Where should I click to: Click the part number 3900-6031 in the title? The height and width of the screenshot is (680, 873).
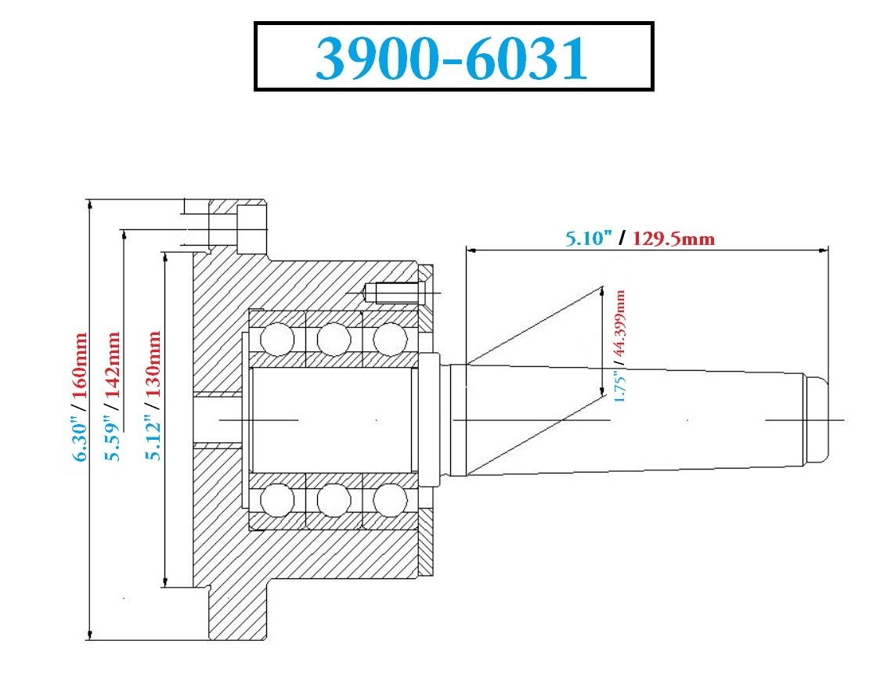point(452,58)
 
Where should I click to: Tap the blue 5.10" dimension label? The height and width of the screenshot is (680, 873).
point(589,238)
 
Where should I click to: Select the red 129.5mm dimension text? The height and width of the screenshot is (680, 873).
point(673,239)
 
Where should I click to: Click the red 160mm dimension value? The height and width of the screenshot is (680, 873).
point(80,365)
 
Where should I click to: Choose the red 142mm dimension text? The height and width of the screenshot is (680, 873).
point(113,365)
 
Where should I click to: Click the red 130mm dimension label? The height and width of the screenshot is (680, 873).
point(153,364)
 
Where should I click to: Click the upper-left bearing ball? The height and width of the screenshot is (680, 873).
point(277,338)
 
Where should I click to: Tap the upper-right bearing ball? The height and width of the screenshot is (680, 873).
point(390,338)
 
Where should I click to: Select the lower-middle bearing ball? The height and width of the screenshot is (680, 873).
point(334,500)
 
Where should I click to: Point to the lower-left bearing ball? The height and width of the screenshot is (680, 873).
point(277,500)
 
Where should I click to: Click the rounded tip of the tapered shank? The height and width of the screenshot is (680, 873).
point(817,419)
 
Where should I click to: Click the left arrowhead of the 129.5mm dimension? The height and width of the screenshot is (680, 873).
point(471,250)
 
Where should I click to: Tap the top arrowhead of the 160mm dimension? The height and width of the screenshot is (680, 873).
point(90,205)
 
